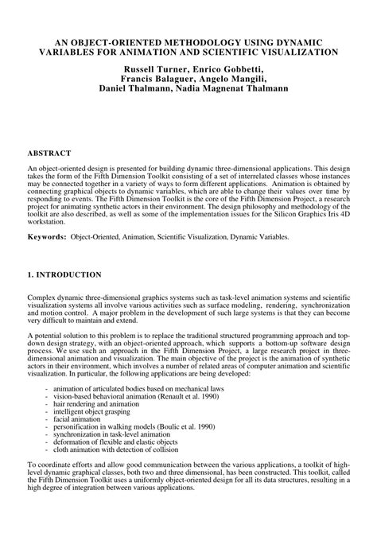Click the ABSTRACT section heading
tap(49, 152)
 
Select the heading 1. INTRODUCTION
tap(64, 274)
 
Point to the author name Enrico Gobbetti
tap(226, 69)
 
